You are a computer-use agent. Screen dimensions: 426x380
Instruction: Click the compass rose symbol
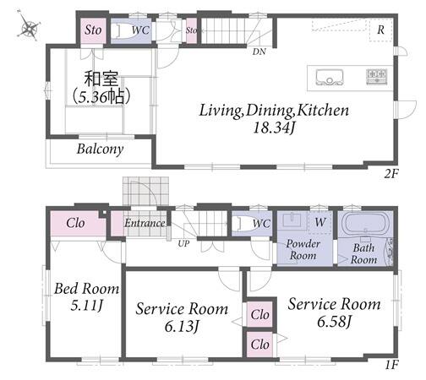pos(28,26)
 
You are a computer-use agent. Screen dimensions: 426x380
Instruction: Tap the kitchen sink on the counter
pos(330,77)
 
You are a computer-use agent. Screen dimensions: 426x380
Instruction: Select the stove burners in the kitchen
pos(376,76)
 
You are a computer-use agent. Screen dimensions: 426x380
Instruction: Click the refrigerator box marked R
pos(380,30)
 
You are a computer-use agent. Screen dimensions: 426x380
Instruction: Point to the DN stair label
pos(259,52)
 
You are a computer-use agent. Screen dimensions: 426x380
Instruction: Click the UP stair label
pos(183,243)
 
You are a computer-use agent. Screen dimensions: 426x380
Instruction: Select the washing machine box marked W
pos(319,222)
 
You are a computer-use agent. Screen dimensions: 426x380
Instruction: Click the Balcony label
pos(100,149)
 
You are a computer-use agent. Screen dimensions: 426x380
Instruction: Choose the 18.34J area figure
pos(274,128)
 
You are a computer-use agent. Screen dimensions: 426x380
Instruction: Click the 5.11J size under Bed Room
pos(86,305)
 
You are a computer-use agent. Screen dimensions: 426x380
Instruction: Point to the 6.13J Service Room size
pos(182,327)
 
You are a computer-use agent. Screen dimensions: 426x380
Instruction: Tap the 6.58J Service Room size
pos(335,322)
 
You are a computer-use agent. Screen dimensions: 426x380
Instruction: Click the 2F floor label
pos(391,174)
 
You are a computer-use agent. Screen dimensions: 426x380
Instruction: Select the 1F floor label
pos(392,365)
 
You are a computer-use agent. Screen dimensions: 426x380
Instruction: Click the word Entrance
pos(145,223)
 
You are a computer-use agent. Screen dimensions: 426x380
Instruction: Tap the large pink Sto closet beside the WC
pos(93,30)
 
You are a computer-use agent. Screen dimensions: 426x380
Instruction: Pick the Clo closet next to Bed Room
pos(75,223)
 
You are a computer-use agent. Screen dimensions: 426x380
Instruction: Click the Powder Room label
pos(303,250)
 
